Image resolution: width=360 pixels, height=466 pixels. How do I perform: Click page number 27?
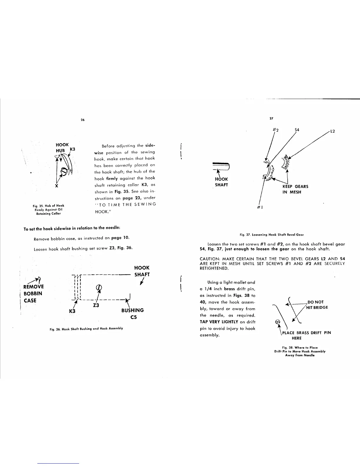tap(271, 118)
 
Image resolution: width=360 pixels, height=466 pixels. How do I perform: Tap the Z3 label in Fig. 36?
tap(96, 305)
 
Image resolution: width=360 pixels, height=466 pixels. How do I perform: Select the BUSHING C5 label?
tap(132, 314)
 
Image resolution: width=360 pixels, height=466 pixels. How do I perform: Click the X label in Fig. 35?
tap(56, 186)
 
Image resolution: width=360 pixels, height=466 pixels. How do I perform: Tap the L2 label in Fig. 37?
tap(333, 131)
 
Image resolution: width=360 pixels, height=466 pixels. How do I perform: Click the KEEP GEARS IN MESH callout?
tap(295, 189)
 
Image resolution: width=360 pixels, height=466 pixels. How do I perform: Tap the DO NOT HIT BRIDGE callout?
tap(317, 305)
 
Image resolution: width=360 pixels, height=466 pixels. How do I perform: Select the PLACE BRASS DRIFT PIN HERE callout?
tap(306, 335)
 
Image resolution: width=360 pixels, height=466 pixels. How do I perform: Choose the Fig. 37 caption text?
tap(271, 234)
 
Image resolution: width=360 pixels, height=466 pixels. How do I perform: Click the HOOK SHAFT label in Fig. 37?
tap(221, 182)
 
